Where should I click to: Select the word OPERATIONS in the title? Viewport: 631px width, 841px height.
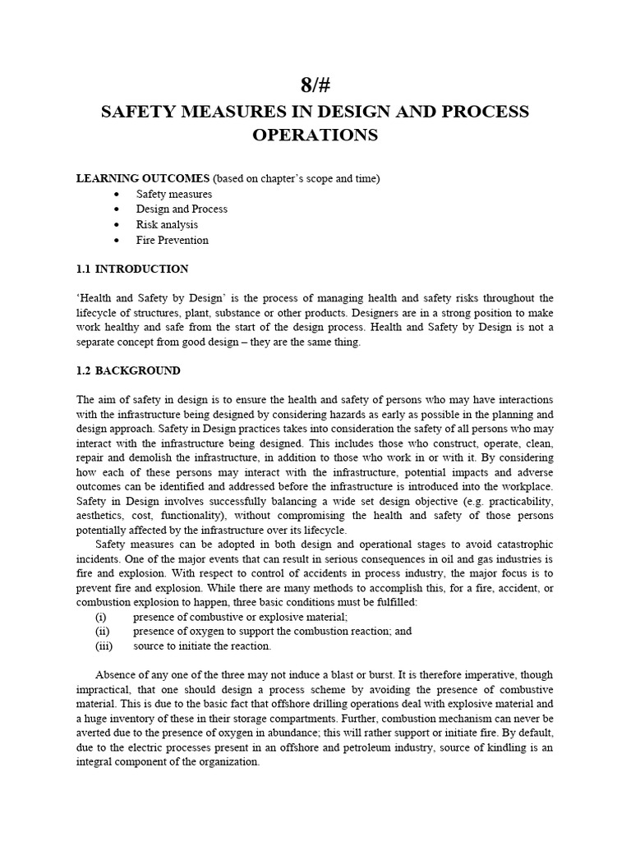315,136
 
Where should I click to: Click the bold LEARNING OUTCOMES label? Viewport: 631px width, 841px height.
143,178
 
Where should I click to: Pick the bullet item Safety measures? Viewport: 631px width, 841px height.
174,194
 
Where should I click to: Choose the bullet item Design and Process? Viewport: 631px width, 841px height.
182,209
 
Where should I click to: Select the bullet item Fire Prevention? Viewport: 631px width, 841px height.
173,241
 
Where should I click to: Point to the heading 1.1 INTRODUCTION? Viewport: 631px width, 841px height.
132,269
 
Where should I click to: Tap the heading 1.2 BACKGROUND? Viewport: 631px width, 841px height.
128,370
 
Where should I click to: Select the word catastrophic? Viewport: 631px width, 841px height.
521,546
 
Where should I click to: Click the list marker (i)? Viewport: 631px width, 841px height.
101,617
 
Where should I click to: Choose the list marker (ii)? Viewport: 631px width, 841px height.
102,632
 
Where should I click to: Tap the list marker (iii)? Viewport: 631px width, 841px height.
104,646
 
